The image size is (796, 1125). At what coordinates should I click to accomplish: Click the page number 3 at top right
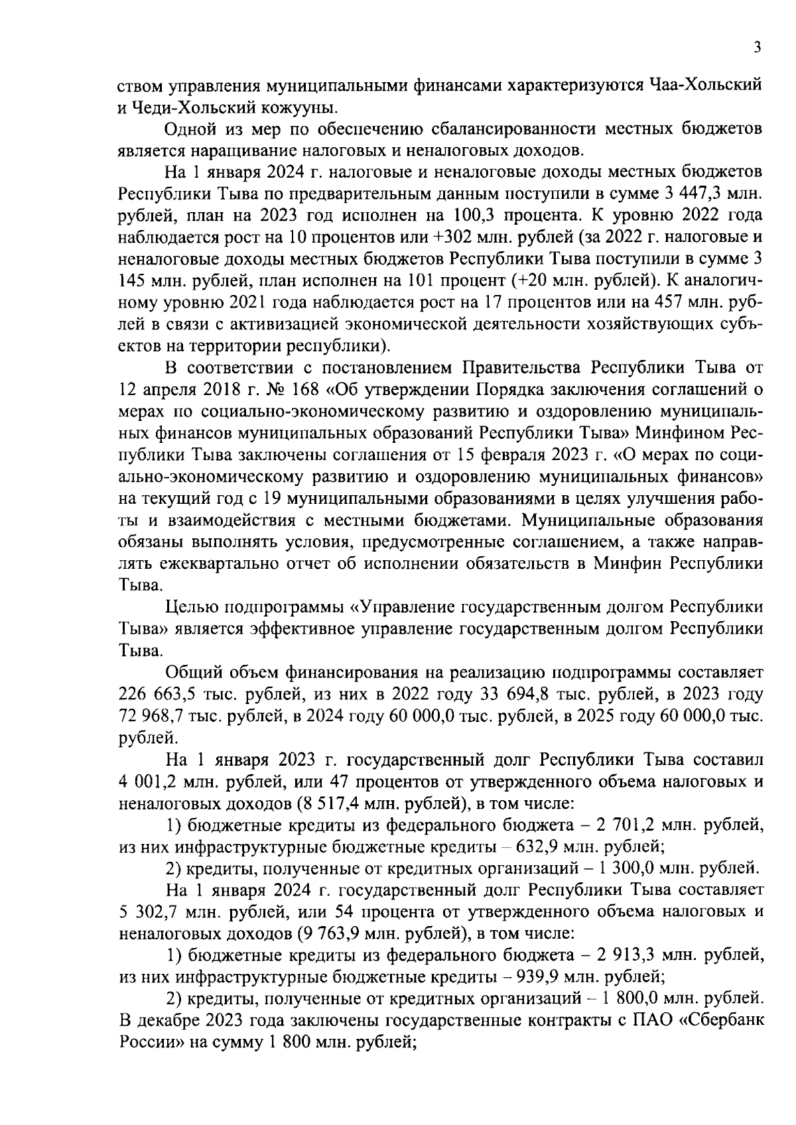[757, 48]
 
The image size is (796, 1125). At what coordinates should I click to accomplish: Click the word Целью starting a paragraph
[192, 607]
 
